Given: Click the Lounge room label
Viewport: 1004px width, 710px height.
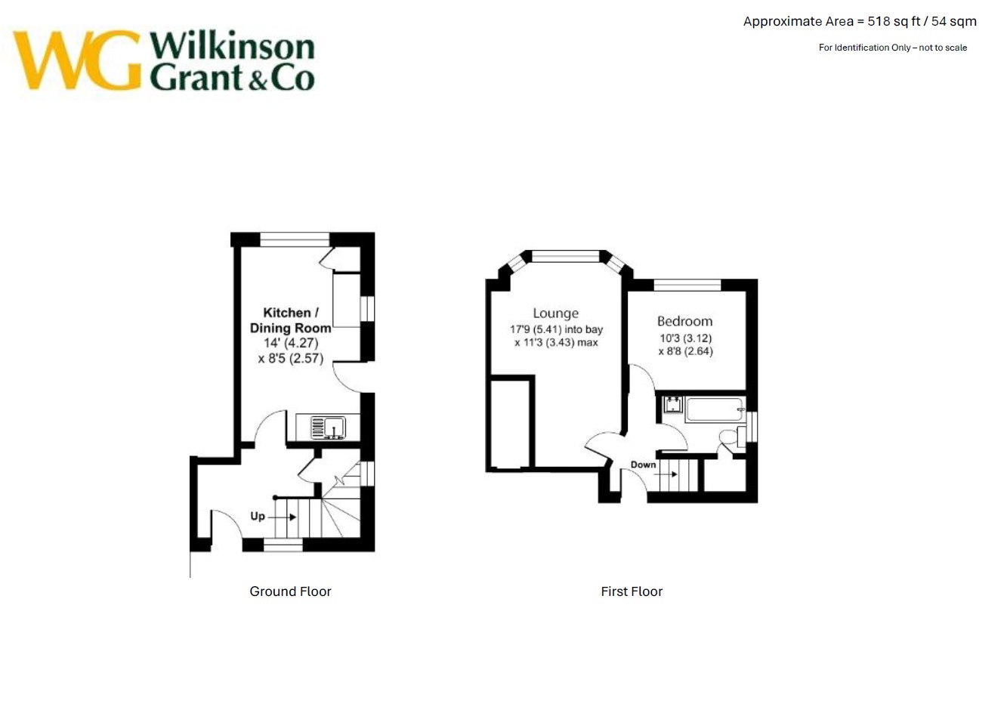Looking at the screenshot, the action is point(555,313).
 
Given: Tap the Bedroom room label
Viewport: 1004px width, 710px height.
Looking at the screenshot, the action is point(684,321).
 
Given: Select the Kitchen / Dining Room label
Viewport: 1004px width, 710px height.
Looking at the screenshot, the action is point(290,320).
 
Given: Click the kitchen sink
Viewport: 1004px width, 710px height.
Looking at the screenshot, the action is point(329,428).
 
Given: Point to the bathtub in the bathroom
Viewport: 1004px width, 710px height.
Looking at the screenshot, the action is point(714,409).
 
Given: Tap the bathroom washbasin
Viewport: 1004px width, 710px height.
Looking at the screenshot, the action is point(672,404).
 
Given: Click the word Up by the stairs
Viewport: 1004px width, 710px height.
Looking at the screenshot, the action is point(258,517).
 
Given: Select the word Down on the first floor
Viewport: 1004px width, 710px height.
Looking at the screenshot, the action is point(643,465).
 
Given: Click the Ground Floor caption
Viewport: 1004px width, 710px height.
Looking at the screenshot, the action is point(290,591).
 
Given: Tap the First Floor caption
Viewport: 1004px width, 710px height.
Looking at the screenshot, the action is point(632,591).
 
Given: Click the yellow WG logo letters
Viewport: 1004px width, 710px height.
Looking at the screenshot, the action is point(76,60).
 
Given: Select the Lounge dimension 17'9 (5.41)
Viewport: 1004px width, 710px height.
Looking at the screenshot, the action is point(536,329).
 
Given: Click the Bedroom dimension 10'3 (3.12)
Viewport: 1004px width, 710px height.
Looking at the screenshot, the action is point(686,338).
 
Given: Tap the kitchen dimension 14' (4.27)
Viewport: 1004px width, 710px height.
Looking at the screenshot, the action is point(291,343).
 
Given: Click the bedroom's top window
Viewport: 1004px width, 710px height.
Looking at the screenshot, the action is point(687,285).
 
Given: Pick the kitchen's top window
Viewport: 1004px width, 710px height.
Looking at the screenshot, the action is point(295,239).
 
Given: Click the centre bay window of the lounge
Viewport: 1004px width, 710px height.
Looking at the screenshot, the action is point(565,256).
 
